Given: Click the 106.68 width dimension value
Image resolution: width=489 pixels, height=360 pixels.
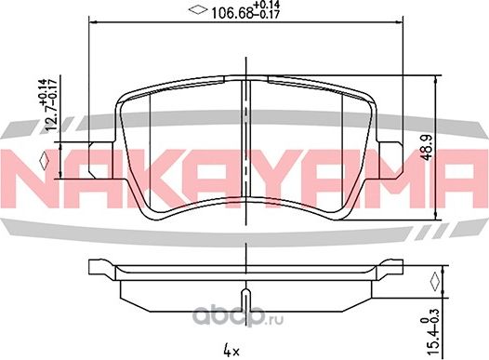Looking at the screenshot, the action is [231, 14].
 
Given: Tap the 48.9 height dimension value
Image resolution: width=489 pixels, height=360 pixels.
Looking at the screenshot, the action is [426, 147].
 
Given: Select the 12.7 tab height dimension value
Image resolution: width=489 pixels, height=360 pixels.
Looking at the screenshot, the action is [52, 118].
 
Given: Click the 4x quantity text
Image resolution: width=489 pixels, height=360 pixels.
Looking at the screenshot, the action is [231, 352].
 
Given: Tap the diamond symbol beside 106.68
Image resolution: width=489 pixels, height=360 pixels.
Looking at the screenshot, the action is [198, 10].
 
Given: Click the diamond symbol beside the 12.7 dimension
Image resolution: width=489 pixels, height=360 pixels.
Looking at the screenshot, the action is [45, 160].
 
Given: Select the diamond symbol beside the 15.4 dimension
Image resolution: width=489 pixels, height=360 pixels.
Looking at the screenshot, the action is [435, 282].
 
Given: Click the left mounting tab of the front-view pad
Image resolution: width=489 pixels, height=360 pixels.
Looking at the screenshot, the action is [100, 160].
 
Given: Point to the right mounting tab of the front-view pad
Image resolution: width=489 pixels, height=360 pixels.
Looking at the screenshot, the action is [390, 160].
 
